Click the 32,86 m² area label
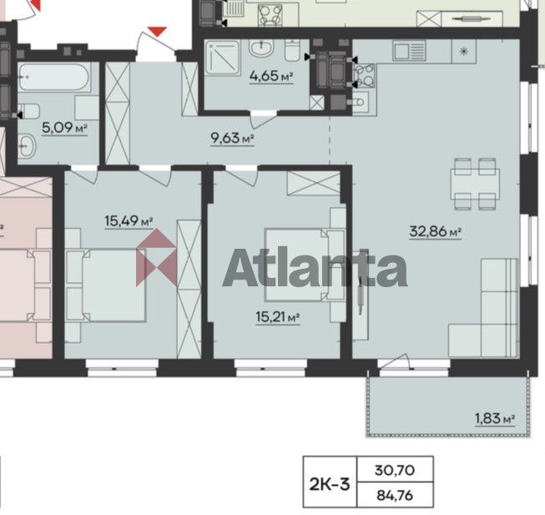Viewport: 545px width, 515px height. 435,231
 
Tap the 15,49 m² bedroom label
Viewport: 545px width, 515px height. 129,220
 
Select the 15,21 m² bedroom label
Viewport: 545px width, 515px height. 278,317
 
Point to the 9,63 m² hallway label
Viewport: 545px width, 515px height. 232,139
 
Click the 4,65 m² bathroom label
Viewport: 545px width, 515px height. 271,76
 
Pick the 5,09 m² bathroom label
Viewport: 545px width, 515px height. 64,128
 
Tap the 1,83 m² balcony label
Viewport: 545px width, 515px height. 495,418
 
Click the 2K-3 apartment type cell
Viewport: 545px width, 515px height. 330,484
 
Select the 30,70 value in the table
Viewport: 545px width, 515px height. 395,470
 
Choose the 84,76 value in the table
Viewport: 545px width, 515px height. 395,495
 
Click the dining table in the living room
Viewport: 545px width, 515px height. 475,184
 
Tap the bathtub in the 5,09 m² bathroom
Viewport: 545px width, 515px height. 54,77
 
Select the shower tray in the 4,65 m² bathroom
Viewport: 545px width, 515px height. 223,58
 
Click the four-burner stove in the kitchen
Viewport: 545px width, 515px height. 364,75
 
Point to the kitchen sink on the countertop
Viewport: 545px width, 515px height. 409,51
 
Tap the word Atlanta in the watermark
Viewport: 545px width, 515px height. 315,267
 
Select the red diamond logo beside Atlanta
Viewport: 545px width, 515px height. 156,257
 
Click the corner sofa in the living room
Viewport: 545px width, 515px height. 483,308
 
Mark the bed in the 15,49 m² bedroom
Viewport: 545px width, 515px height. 106,285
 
